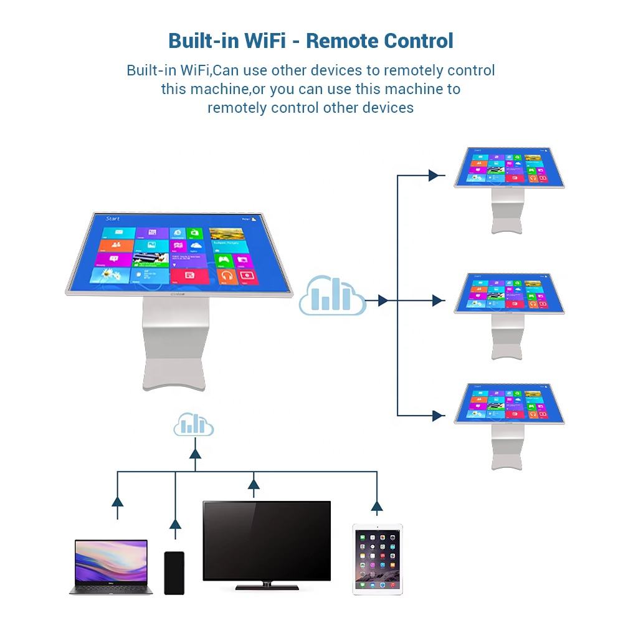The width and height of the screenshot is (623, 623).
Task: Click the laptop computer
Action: (x=111, y=566)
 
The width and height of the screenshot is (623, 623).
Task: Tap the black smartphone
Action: (x=174, y=573)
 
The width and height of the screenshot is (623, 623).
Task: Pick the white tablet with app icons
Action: (x=378, y=559)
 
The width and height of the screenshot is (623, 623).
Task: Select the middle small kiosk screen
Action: (x=508, y=291)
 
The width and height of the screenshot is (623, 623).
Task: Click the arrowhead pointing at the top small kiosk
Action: (x=434, y=176)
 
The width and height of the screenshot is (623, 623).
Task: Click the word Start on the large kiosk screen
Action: (x=113, y=219)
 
